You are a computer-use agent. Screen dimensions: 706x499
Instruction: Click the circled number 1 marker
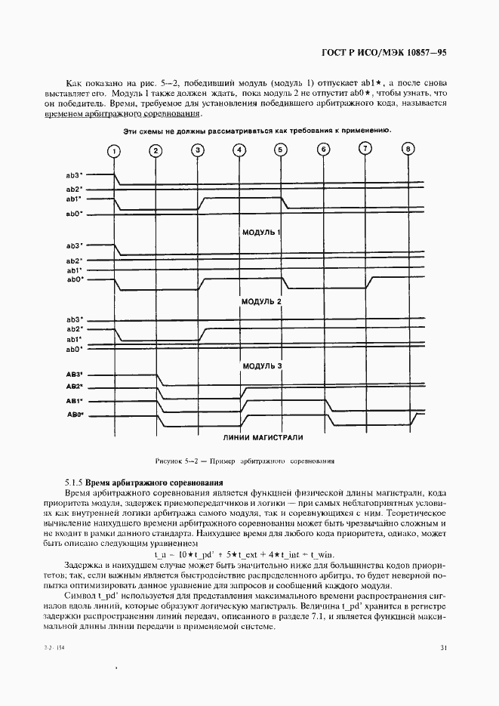tap(114, 151)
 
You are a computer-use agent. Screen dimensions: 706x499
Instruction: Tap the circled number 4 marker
tap(239, 150)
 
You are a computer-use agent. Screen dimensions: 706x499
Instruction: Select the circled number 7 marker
tap(365, 148)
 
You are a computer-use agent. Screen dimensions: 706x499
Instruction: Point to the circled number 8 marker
tap(408, 149)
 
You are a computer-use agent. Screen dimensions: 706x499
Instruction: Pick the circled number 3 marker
tap(198, 150)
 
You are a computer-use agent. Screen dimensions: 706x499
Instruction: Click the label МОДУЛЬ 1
tap(260, 233)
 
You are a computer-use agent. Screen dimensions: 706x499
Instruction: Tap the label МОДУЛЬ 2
tap(260, 301)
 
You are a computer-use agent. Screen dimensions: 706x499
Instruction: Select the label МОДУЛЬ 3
tap(261, 366)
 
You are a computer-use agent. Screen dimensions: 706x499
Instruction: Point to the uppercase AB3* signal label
tap(74, 374)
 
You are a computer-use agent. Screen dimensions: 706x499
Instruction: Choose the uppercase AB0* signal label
tap(74, 415)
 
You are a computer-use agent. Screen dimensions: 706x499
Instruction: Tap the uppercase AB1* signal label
tap(74, 400)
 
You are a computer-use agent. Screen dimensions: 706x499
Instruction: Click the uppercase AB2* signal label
tap(74, 387)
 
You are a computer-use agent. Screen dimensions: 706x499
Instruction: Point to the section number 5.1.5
tap(74, 482)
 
